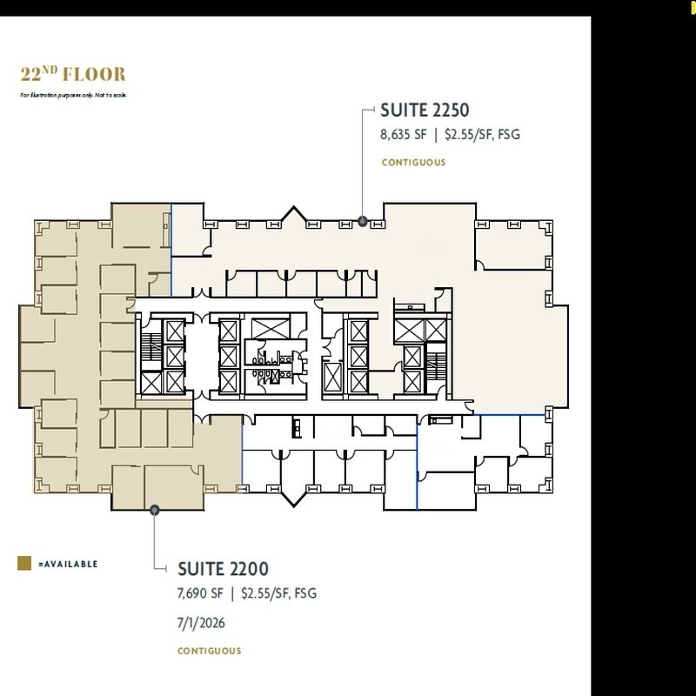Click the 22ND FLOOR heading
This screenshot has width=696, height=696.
pos(73,73)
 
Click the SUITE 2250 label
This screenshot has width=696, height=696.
pos(425,110)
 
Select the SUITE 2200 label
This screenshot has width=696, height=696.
pos(223,569)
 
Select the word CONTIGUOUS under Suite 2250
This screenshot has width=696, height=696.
pos(413,163)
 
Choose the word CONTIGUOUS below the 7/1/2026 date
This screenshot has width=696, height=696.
pos(210,651)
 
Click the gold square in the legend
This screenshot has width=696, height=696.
pos(25,564)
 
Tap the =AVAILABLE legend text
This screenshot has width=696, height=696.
pos(69,564)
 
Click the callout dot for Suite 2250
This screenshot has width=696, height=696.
pos(363,221)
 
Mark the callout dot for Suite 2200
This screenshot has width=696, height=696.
pos(154,510)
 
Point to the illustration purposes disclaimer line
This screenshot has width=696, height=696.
pos(73,93)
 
